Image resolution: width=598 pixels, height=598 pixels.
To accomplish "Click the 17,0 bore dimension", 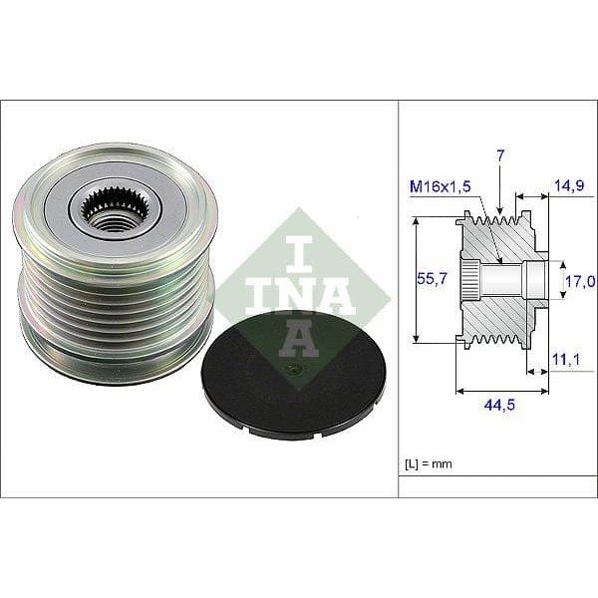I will tap(578, 282).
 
